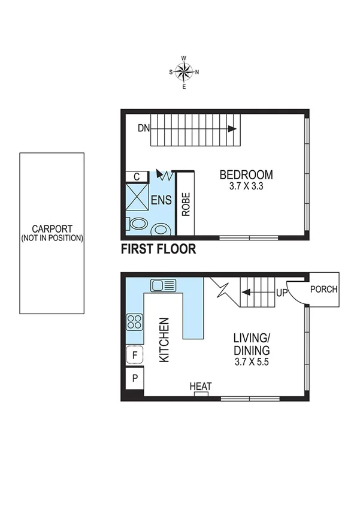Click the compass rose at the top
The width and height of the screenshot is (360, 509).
[x=184, y=73]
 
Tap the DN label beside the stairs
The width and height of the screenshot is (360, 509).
[x=143, y=128]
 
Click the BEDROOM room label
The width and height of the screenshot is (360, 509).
[x=246, y=175]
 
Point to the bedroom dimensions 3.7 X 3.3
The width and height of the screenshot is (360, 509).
[x=246, y=186]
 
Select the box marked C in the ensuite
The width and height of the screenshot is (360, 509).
[x=137, y=176]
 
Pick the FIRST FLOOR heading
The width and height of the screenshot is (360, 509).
[x=158, y=249]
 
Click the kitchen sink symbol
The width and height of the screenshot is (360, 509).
[x=162, y=284]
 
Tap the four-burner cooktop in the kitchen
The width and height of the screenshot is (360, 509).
[x=134, y=322]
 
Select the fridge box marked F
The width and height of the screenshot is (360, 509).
[x=134, y=356]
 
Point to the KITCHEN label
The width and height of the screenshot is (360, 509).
[x=164, y=339]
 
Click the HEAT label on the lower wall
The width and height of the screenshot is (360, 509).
[x=200, y=386]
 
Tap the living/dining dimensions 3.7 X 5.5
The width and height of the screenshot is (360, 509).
[x=252, y=362]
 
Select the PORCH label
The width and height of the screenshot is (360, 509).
[x=323, y=289]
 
